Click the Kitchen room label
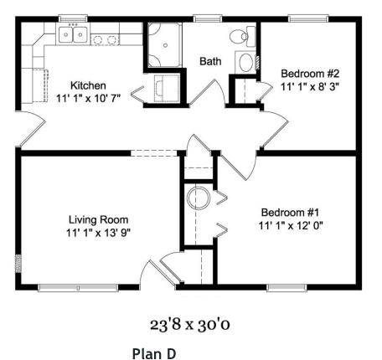(x=88, y=85)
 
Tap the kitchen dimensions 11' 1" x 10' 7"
(x=88, y=98)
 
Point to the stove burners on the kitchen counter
(x=104, y=39)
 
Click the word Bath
(x=209, y=61)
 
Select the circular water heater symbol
(x=199, y=198)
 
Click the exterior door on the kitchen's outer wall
(x=30, y=128)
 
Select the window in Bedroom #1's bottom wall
(x=290, y=288)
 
